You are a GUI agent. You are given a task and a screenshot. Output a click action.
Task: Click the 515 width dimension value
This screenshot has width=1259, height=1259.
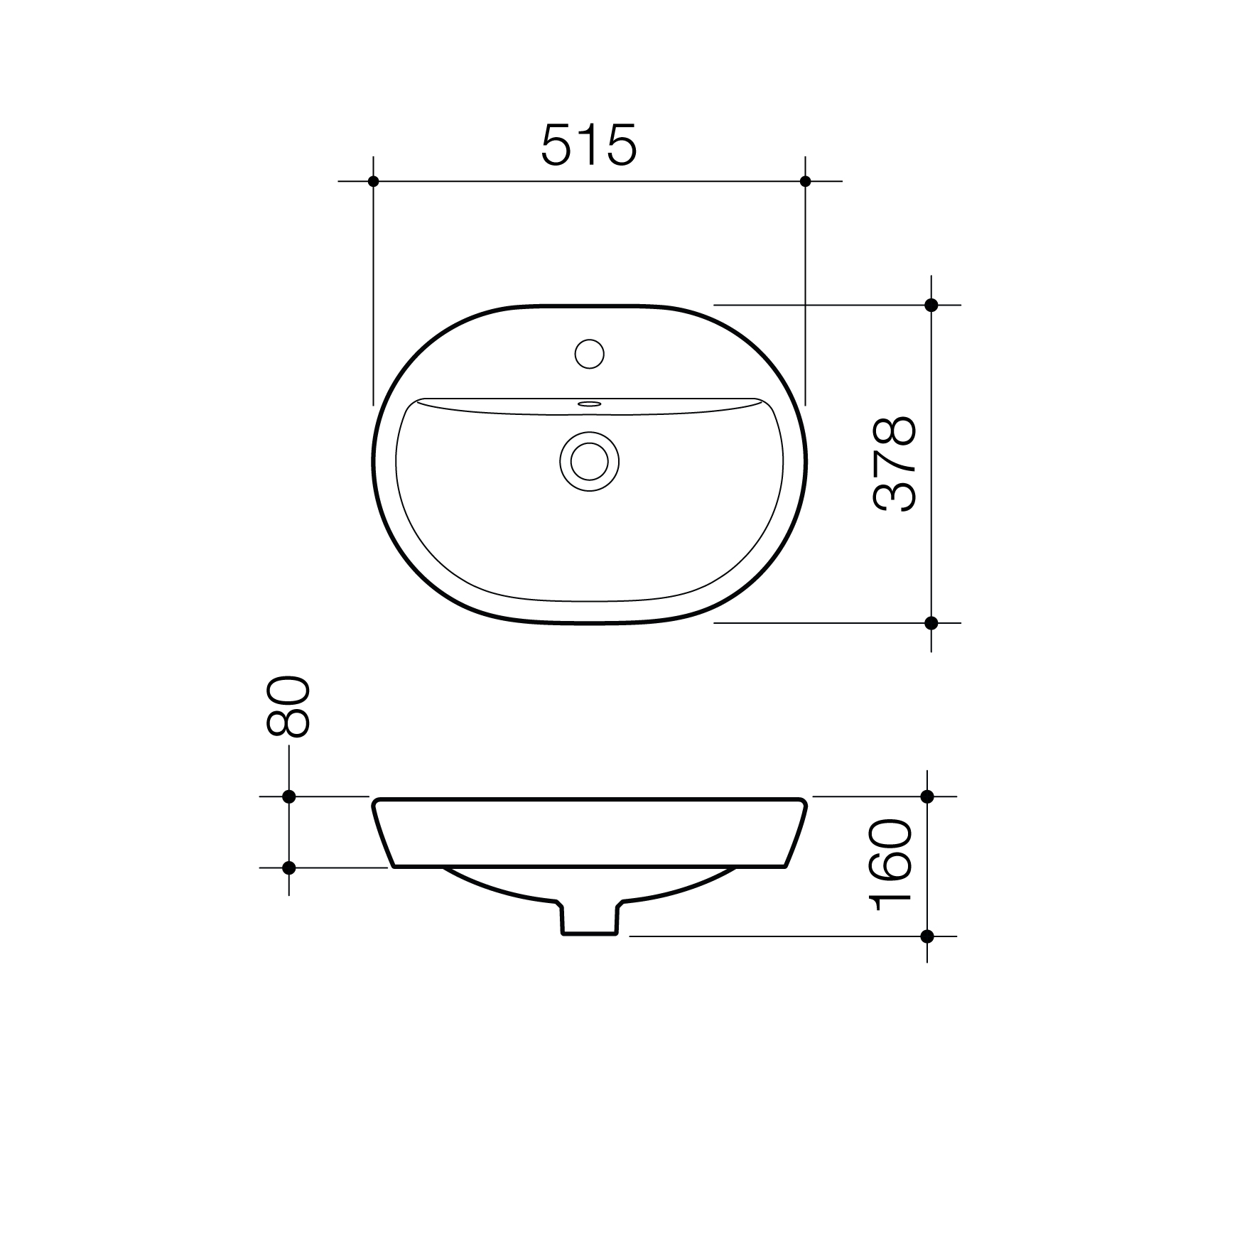click(x=589, y=145)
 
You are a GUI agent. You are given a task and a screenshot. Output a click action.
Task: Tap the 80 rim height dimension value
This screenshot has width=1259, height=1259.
click(x=287, y=706)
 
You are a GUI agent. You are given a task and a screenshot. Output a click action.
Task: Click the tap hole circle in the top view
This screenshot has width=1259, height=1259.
click(x=589, y=353)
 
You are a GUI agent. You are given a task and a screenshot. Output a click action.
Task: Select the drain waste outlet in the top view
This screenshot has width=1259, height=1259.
click(x=589, y=462)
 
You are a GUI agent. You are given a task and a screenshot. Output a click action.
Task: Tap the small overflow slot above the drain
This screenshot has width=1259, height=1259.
click(x=589, y=404)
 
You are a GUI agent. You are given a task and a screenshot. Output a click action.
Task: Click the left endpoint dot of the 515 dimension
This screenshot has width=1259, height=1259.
click(x=374, y=181)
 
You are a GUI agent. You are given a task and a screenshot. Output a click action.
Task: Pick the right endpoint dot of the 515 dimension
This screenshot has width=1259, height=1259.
click(x=805, y=181)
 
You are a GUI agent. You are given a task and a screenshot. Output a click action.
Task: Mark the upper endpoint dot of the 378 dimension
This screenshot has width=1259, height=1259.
click(x=931, y=305)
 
